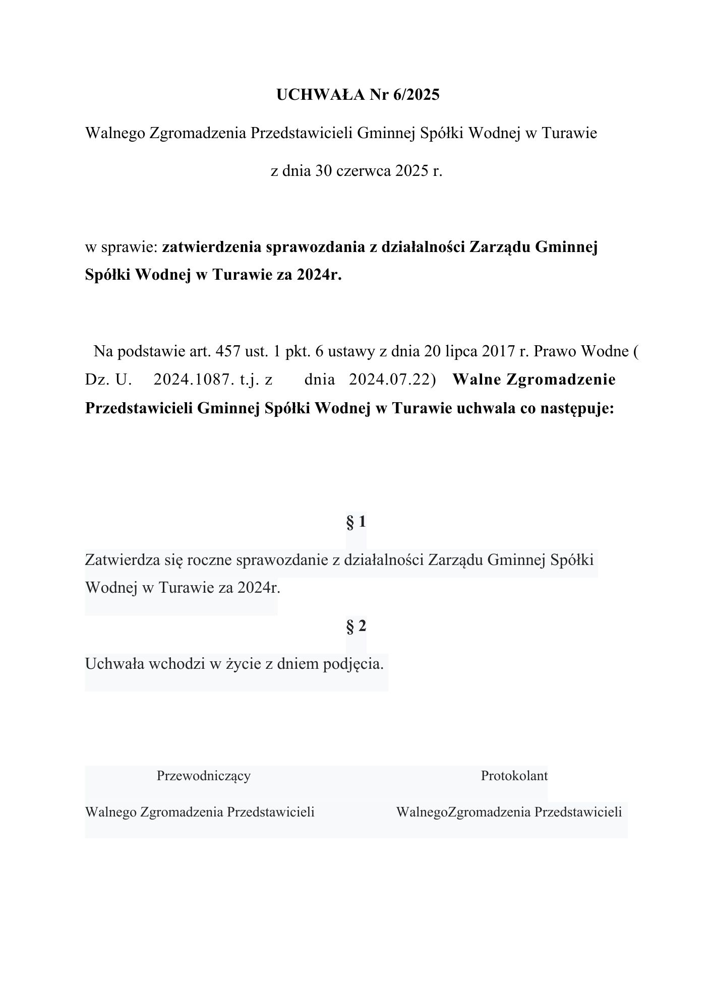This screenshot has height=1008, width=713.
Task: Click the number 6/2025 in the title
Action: [419, 95]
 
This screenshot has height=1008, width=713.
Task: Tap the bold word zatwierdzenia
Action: [211, 247]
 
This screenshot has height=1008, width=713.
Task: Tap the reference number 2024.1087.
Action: [194, 380]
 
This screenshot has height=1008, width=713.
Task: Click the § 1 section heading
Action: [356, 522]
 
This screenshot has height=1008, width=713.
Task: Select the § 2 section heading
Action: [356, 626]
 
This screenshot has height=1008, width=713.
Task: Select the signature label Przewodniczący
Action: [204, 776]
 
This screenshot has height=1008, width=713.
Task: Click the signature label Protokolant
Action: [514, 776]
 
